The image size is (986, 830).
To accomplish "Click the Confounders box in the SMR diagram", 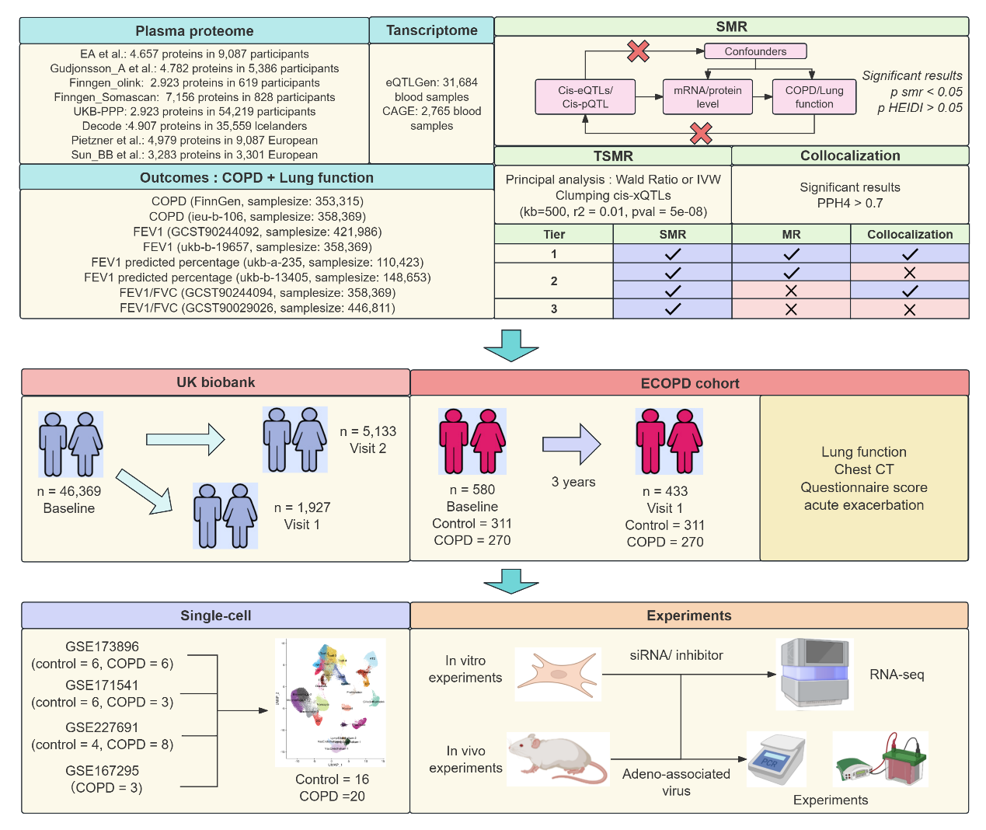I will pyautogui.click(x=755, y=51).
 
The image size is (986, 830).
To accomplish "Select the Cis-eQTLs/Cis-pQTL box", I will pyautogui.click(x=585, y=97).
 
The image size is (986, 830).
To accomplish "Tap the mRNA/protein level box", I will pyautogui.click(x=707, y=97).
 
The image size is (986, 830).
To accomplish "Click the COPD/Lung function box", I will pyautogui.click(x=814, y=97).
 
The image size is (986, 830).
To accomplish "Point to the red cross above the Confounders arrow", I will pyautogui.click(x=638, y=51).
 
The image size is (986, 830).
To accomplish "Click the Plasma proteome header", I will pyautogui.click(x=194, y=31).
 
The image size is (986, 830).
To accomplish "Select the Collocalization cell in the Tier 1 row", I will pyautogui.click(x=910, y=254).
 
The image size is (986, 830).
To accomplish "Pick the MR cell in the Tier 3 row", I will pyautogui.click(x=791, y=309).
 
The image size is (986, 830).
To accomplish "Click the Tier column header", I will pyautogui.click(x=554, y=235).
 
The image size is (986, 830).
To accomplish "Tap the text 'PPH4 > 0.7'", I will pyautogui.click(x=850, y=204).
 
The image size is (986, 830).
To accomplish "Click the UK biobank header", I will pyautogui.click(x=215, y=382).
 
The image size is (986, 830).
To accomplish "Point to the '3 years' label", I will pyautogui.click(x=573, y=482).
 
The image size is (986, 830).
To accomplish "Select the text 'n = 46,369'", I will pyautogui.click(x=69, y=491).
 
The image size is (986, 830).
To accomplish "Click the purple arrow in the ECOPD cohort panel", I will pyautogui.click(x=572, y=445).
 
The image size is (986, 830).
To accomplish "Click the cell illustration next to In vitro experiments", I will pyautogui.click(x=559, y=674).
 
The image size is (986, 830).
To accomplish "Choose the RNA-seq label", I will pyautogui.click(x=897, y=675).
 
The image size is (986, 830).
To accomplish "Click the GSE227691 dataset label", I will pyautogui.click(x=102, y=727).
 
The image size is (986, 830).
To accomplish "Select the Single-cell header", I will pyautogui.click(x=215, y=616).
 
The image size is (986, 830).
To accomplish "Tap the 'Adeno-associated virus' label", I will pyautogui.click(x=676, y=782).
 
